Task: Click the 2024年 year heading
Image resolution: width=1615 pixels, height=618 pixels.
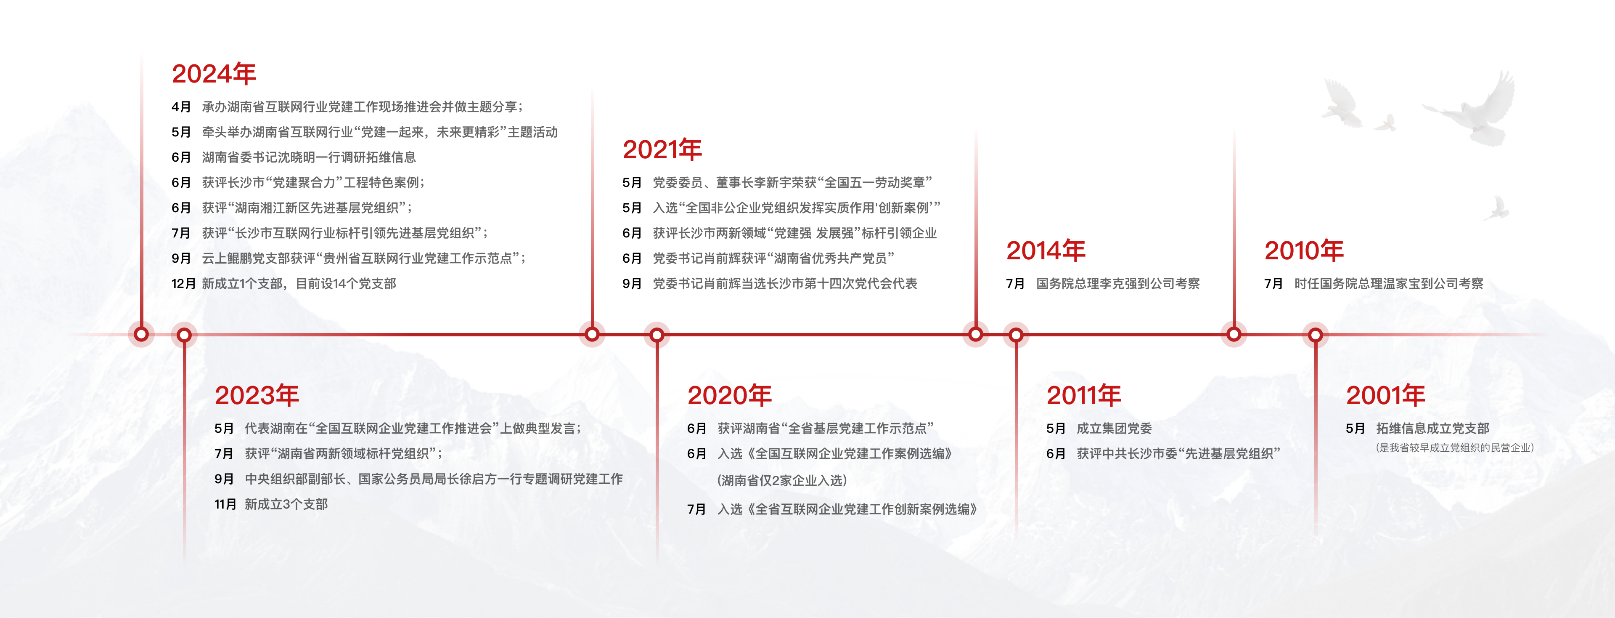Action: tap(214, 74)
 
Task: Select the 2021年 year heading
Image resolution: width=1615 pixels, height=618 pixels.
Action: tap(662, 150)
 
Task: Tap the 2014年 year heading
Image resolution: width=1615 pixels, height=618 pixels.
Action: tap(1046, 251)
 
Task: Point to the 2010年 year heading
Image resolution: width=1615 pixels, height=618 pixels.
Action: tap(1304, 251)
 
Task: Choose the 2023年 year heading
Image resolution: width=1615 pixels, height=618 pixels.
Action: tap(257, 396)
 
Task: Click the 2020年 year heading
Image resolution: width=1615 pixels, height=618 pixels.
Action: tap(730, 396)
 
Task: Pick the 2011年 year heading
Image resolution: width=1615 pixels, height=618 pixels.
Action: tap(1084, 396)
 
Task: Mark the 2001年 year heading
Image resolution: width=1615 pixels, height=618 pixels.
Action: tap(1385, 396)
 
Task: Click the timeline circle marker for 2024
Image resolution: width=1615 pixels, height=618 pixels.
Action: tap(142, 334)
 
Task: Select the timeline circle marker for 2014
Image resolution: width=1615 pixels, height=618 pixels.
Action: tap(976, 334)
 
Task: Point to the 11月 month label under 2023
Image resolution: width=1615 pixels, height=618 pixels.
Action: tap(226, 504)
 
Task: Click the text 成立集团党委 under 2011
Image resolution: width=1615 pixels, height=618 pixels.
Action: tap(1114, 429)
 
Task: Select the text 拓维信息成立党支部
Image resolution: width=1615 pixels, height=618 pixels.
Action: tap(1432, 429)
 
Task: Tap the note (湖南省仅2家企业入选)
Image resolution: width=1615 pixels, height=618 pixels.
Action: tap(782, 481)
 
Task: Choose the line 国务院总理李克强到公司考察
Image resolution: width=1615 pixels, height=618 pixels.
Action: tap(1118, 284)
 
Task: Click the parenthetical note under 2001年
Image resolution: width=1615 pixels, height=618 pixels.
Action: tap(1454, 448)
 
